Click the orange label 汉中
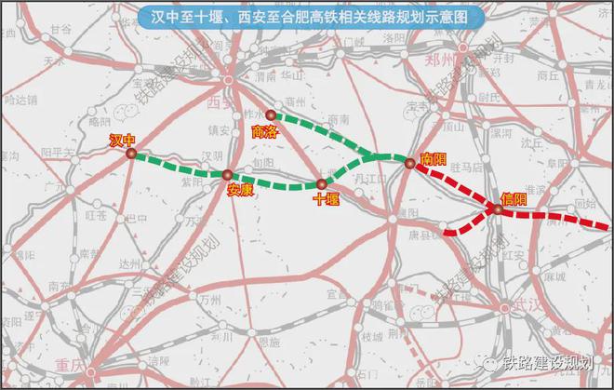123,141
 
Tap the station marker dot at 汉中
131,155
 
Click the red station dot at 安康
227,174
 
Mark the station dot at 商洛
271,115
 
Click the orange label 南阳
434,159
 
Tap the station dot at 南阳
409,164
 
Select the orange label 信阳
513,198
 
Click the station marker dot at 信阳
498,210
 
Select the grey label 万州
210,300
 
